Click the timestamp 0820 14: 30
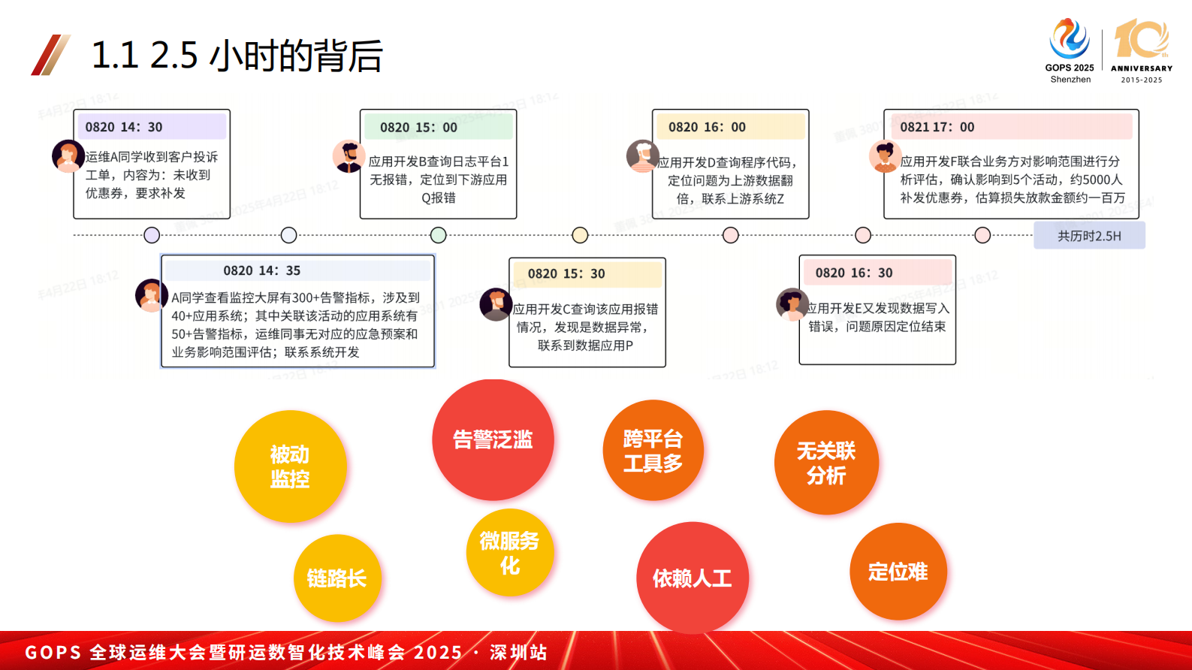click(124, 127)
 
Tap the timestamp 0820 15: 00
click(418, 128)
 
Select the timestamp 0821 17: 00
click(937, 128)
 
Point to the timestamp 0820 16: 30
click(854, 273)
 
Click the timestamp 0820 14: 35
click(261, 270)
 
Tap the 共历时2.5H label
click(1089, 236)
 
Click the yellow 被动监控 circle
click(290, 466)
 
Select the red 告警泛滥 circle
click(493, 439)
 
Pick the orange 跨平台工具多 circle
click(653, 451)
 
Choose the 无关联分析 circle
click(826, 463)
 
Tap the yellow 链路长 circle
click(337, 578)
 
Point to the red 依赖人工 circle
click(692, 578)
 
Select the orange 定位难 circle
click(898, 572)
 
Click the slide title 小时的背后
click(296, 56)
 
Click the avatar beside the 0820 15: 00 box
click(348, 156)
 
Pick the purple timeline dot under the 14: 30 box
click(152, 235)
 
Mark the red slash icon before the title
click(50, 55)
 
